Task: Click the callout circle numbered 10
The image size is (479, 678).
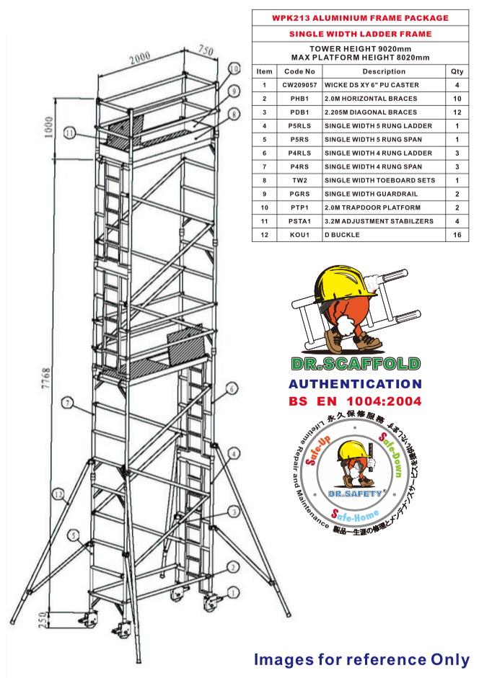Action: pyautogui.click(x=234, y=68)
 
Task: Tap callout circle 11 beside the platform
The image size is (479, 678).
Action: pyautogui.click(x=70, y=133)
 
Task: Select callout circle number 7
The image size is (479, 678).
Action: pyautogui.click(x=67, y=403)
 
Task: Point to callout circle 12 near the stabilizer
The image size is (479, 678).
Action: pyautogui.click(x=58, y=494)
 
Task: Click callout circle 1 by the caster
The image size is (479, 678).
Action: pyautogui.click(x=234, y=592)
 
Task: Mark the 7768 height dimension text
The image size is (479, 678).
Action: pyautogui.click(x=46, y=378)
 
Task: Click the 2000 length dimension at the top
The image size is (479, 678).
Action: pyautogui.click(x=139, y=58)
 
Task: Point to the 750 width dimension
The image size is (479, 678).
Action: pyautogui.click(x=206, y=50)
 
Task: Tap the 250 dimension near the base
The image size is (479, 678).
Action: pyautogui.click(x=43, y=620)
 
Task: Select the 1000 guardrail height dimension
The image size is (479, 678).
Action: pyautogui.click(x=48, y=127)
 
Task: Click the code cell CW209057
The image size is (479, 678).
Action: pyautogui.click(x=299, y=85)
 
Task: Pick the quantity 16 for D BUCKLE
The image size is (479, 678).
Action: pyautogui.click(x=457, y=235)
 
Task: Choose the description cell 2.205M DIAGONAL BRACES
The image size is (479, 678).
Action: pyautogui.click(x=371, y=112)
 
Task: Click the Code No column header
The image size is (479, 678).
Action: pyautogui.click(x=299, y=71)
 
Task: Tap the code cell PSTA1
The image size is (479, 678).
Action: pyautogui.click(x=299, y=221)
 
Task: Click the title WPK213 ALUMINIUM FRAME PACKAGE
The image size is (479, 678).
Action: pyautogui.click(x=361, y=18)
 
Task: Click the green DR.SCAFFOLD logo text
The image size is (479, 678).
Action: pyautogui.click(x=356, y=364)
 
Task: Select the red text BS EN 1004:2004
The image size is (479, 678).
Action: pyautogui.click(x=355, y=401)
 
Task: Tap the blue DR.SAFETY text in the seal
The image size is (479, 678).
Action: pyautogui.click(x=355, y=494)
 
